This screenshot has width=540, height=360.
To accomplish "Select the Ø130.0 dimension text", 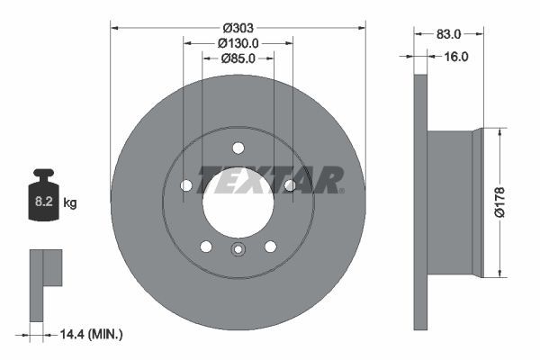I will point(238,42).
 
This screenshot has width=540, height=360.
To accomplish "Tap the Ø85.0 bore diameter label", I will point(238,58).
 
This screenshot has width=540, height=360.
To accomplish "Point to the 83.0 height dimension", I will point(448,34).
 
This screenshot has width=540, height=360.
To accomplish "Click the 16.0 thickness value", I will point(456,57).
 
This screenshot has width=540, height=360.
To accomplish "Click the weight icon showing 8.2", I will point(43,193).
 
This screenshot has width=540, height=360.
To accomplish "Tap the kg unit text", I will point(70,203).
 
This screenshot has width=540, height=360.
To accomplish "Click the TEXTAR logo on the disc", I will point(270,179).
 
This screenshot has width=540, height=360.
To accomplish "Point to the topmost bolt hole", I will point(238,148).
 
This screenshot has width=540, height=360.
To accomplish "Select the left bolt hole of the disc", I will point(186,185).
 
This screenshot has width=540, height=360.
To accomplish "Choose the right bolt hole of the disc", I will point(290,185).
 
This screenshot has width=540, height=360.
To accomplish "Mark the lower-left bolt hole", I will point(206,247).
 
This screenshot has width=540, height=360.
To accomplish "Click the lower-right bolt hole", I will point(270,247).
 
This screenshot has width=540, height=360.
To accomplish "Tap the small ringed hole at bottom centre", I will point(238,250).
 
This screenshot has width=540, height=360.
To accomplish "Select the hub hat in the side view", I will point(454,202).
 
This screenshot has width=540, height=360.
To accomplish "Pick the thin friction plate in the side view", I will point(420,202).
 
